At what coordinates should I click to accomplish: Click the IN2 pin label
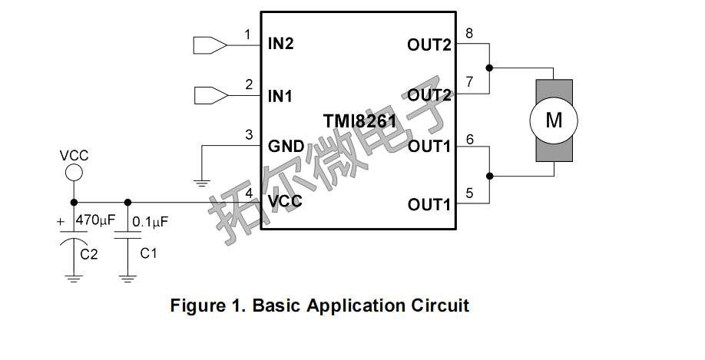click(281, 44)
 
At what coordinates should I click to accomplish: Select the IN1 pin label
click(281, 96)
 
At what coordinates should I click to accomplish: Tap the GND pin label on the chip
click(286, 146)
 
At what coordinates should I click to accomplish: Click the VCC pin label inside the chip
click(284, 202)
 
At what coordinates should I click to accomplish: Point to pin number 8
click(469, 33)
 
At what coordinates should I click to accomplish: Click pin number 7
click(469, 81)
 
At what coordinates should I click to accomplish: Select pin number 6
click(469, 138)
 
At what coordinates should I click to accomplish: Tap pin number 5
click(469, 192)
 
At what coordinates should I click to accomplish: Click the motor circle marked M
click(554, 120)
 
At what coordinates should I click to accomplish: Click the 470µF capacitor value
click(95, 220)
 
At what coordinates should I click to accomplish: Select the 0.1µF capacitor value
click(151, 222)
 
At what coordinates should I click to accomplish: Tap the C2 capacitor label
click(89, 254)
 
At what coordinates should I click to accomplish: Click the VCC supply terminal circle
click(73, 172)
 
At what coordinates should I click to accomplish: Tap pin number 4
click(248, 192)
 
